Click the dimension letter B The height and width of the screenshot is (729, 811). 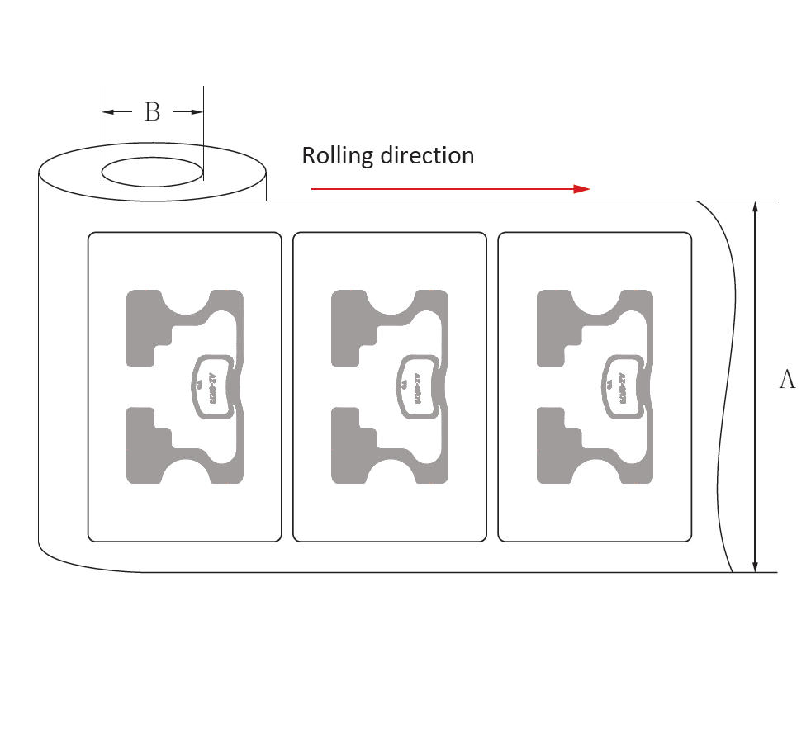point(152,112)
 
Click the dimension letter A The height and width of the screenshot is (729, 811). point(787,380)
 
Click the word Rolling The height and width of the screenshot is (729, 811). point(334,155)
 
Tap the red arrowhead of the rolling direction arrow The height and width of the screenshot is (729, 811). point(582,189)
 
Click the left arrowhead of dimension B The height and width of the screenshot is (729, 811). point(107,112)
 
